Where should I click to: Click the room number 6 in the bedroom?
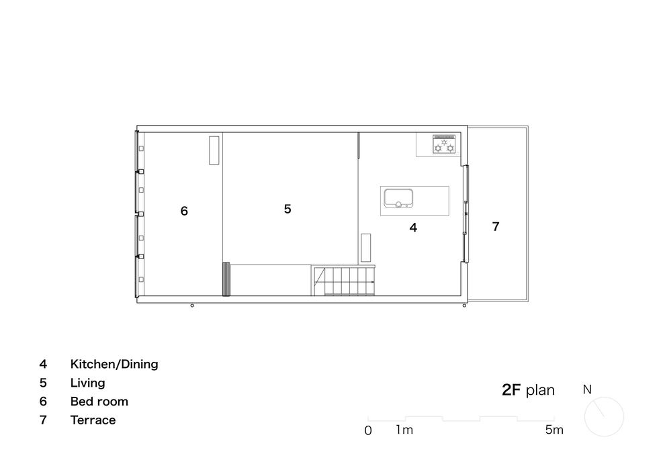point(184,211)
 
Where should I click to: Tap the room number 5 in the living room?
point(287,209)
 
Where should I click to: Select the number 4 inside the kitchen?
point(414,228)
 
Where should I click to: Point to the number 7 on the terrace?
point(496,227)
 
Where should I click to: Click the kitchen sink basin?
point(398,198)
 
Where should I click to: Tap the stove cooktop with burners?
point(444,144)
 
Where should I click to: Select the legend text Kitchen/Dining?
point(114,364)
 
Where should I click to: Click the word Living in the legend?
point(88,383)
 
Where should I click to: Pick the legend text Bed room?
point(99,402)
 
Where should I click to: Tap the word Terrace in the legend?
point(93,420)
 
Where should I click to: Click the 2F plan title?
point(529,390)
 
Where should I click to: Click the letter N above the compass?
point(587,389)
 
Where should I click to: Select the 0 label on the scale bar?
point(368,430)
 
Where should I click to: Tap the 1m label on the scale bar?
point(404,430)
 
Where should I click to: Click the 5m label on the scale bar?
point(554,430)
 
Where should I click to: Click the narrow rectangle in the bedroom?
point(214,150)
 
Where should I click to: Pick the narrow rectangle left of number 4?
point(365,248)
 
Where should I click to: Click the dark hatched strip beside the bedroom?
point(226,279)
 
